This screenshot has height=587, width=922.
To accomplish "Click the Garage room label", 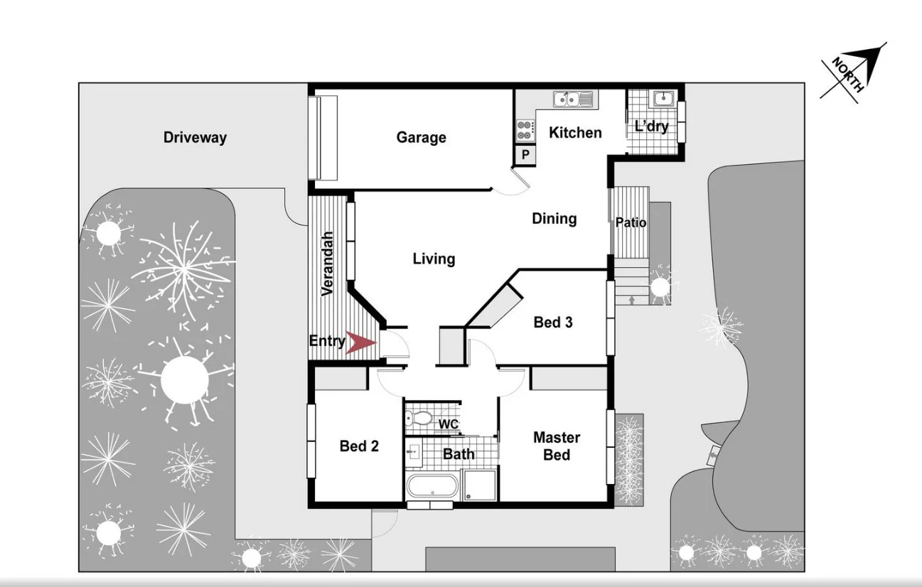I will click(421, 137).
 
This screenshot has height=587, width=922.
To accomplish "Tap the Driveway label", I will click(195, 137).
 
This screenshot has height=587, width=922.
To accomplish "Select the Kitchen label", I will click(575, 132).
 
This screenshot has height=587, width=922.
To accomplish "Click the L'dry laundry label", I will click(651, 126).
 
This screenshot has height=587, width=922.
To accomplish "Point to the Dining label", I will click(554, 218).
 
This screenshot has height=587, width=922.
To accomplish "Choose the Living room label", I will click(434, 259).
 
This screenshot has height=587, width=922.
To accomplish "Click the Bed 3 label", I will click(553, 322).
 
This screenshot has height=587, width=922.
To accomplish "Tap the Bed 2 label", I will click(359, 446).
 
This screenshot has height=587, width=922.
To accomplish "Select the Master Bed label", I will click(557, 446).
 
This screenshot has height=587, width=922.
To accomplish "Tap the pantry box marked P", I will click(525, 154).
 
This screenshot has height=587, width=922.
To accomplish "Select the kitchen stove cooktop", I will click(525, 129).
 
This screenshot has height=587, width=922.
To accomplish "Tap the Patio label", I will click(631, 222).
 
